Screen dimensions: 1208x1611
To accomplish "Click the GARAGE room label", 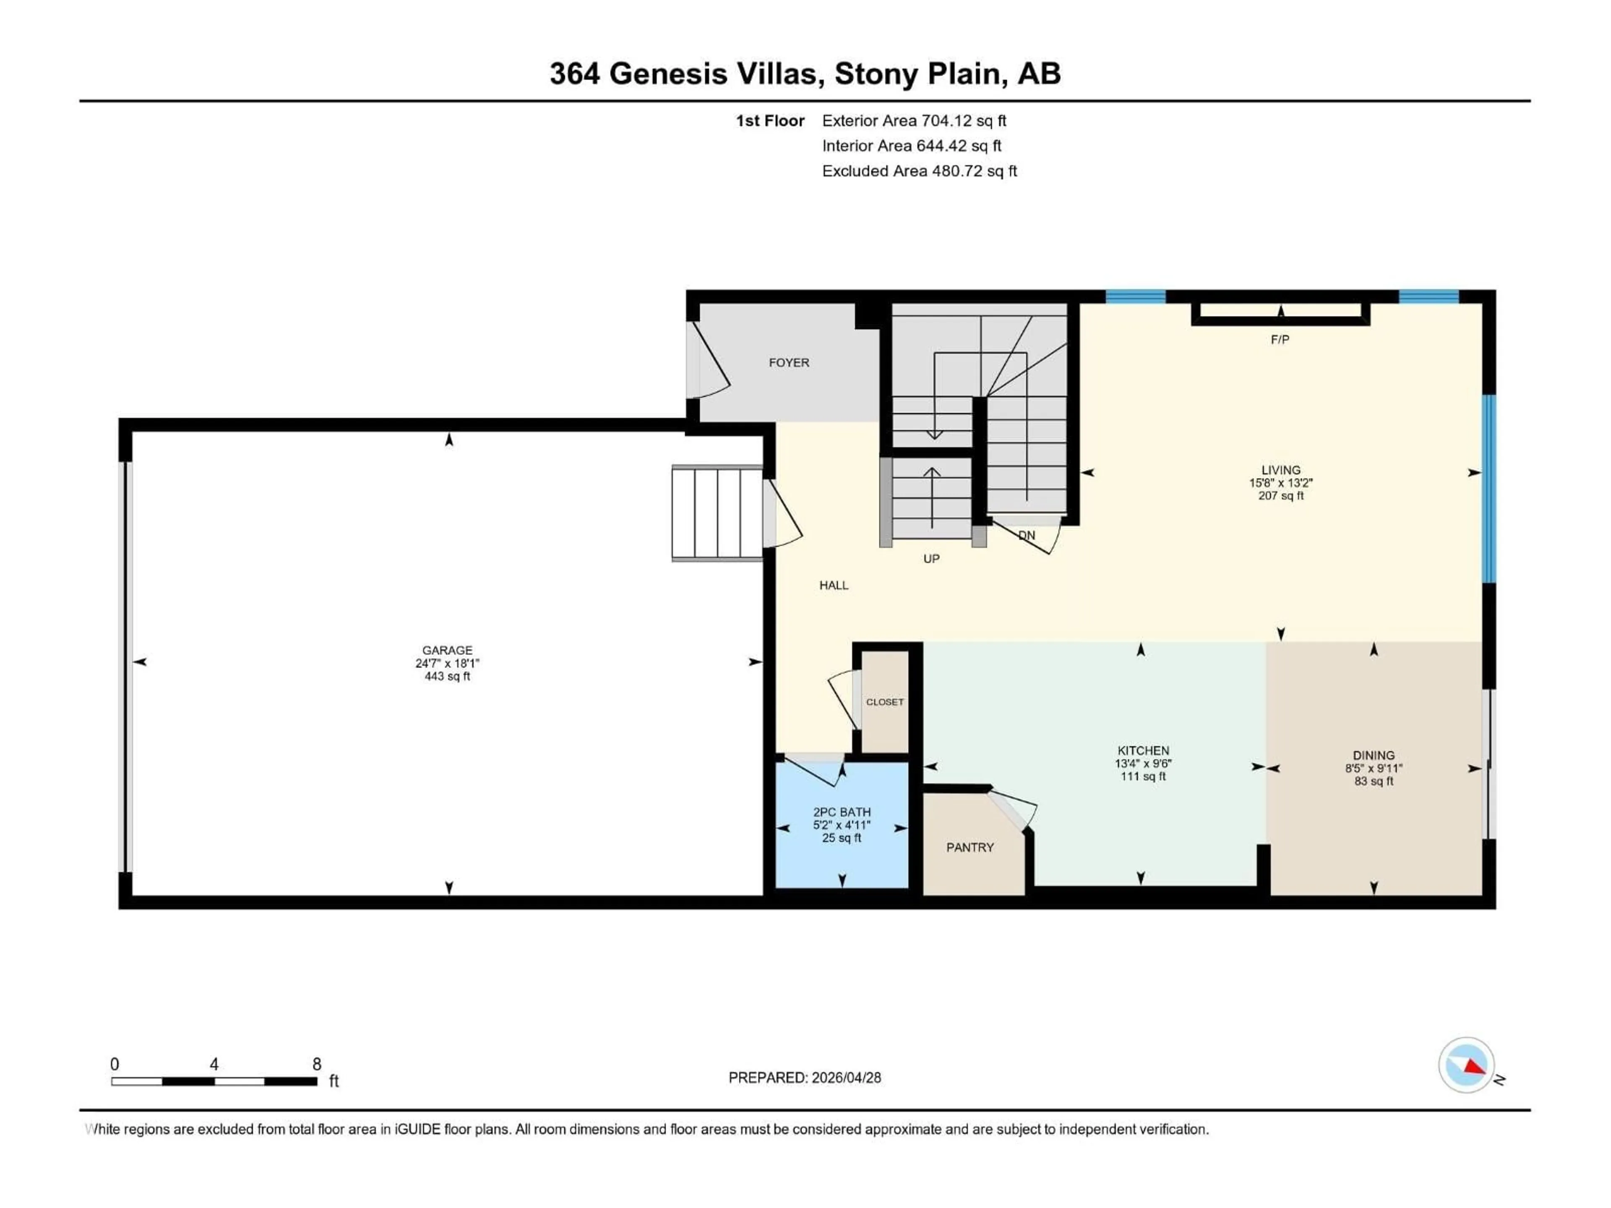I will coord(447,650).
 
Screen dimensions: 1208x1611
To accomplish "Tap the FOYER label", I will coord(789,363).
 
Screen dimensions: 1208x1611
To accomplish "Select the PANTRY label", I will coord(970,848).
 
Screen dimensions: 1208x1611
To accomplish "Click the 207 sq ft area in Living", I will coord(1280,496).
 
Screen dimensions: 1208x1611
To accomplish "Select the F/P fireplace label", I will coord(1280,339).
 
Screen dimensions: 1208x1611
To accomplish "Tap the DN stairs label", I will coord(1026,535).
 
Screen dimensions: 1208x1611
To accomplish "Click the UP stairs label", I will coord(931,559).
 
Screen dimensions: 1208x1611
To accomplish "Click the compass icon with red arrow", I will coord(1466,1065).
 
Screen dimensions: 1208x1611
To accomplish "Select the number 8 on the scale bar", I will coord(317,1064).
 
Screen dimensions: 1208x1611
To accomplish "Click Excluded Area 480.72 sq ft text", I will coord(919,171).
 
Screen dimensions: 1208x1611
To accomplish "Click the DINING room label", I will coord(1374,756).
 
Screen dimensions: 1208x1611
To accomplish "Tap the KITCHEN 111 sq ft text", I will coord(1143,777).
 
